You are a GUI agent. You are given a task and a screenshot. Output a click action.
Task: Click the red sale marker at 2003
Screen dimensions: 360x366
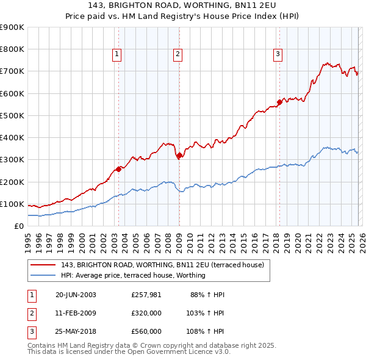(118, 169)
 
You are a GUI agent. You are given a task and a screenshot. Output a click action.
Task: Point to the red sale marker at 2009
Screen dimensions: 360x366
(179, 156)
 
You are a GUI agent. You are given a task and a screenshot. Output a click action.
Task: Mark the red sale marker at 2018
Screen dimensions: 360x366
(279, 102)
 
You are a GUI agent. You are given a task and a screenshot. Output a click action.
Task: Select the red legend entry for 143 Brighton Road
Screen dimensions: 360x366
(162, 265)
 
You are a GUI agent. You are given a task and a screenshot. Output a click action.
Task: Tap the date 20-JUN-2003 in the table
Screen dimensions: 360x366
(76, 295)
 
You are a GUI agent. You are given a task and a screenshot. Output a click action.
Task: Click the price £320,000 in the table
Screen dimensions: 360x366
(146, 313)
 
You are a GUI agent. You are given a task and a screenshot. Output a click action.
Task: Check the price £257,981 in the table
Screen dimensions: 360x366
(146, 295)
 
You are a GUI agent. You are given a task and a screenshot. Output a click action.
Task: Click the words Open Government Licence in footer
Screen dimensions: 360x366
(179, 352)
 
